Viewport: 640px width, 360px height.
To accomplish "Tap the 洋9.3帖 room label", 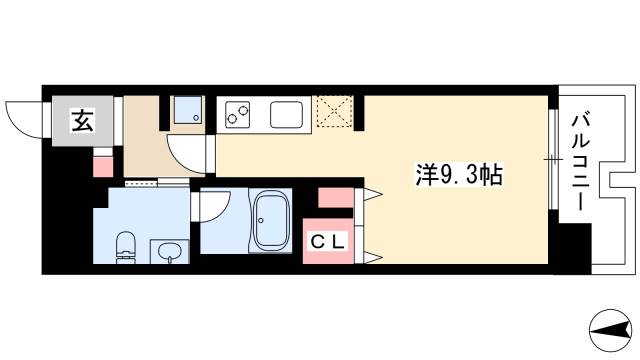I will pyautogui.click(x=459, y=174).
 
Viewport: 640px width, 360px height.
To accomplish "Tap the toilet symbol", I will pyautogui.click(x=126, y=245).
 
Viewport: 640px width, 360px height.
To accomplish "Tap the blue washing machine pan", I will pyautogui.click(x=186, y=111).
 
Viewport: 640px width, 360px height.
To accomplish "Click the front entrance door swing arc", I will pyautogui.click(x=22, y=118).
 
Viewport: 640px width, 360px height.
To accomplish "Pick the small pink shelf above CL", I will pyautogui.click(x=332, y=197).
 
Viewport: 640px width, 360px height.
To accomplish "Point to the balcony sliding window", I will pyautogui.click(x=553, y=160).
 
